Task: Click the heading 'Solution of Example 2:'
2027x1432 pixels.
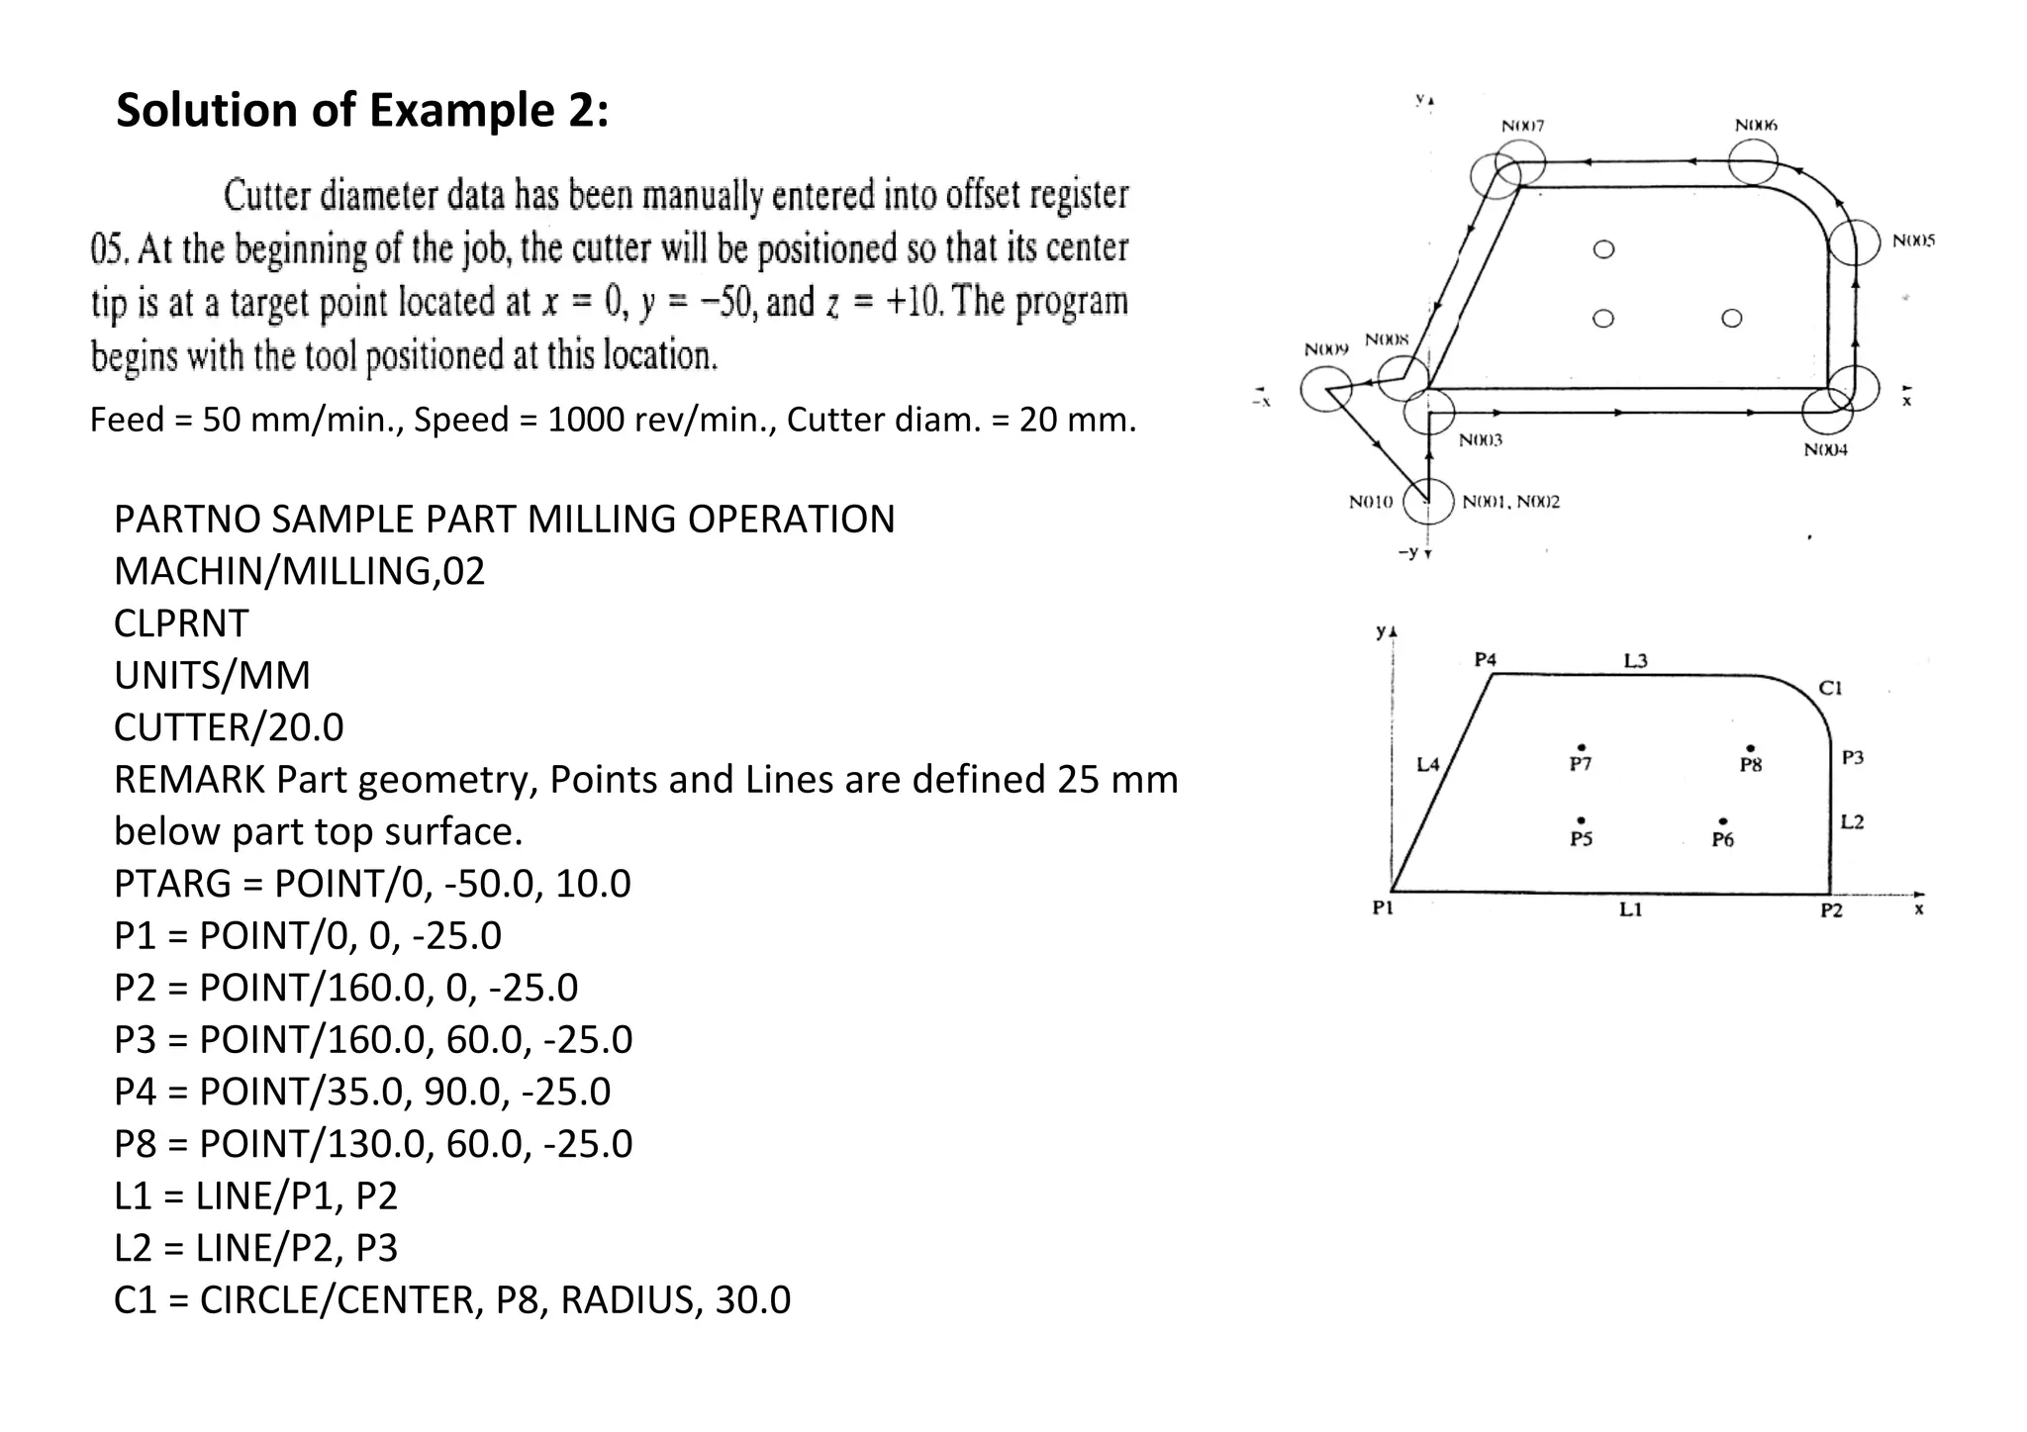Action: (362, 110)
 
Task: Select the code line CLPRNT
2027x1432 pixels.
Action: (181, 623)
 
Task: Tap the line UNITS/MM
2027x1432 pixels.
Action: (212, 676)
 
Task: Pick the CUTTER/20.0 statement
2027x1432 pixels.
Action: (229, 728)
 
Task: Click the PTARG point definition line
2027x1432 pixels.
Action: (372, 884)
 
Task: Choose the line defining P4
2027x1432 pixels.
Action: (362, 1092)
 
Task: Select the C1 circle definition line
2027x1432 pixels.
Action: (452, 1300)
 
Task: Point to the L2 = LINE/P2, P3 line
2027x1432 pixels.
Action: (255, 1248)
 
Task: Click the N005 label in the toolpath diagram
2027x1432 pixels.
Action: (1913, 241)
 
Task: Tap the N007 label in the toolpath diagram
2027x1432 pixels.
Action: (1522, 126)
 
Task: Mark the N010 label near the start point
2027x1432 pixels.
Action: (1371, 503)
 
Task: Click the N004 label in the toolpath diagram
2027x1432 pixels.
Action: (1825, 450)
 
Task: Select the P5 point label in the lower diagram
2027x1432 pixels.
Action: (1581, 839)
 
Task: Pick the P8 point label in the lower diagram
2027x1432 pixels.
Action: (1750, 765)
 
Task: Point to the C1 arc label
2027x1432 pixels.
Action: (1830, 689)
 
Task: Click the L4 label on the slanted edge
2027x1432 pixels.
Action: (1428, 764)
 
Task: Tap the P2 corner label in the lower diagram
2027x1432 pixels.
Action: (1831, 910)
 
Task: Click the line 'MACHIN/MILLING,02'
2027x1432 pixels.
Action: (299, 572)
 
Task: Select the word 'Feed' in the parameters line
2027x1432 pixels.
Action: (128, 420)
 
